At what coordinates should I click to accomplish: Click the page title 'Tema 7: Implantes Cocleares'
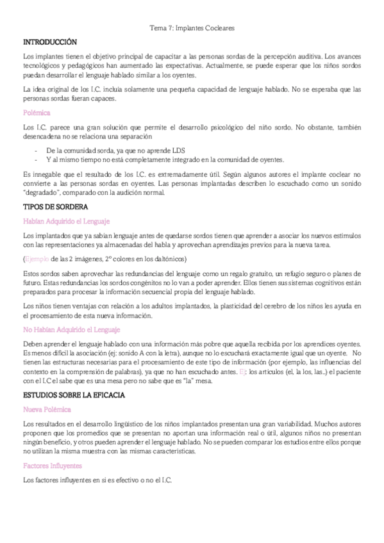point(192,29)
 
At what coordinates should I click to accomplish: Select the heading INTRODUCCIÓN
point(49,42)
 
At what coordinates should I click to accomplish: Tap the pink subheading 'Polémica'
point(36,112)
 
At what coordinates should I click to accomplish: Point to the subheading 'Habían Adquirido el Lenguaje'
point(66,221)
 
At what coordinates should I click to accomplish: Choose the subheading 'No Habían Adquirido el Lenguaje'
point(71,329)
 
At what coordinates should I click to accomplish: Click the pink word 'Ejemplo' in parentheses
point(37,259)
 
